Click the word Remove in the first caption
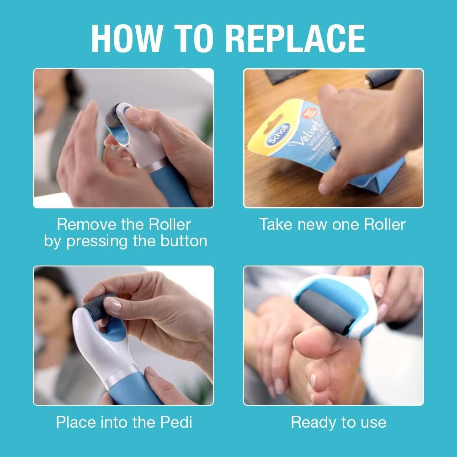87,224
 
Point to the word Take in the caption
275,224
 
